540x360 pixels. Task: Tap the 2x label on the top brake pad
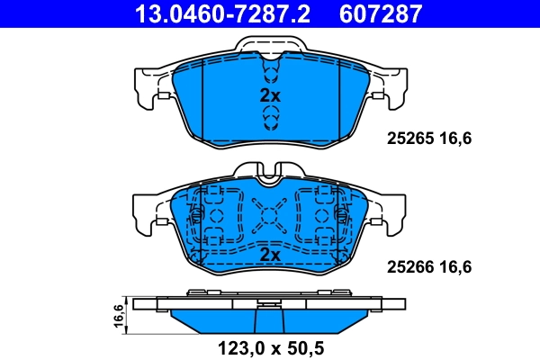270,95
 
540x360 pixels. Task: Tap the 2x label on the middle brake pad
270,256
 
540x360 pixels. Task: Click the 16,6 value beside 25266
456,266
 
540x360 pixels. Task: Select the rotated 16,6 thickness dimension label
118,318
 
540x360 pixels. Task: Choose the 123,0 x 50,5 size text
270,344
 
